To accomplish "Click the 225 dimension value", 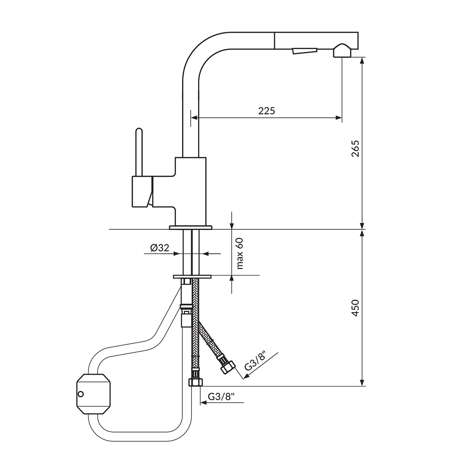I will click(267, 111).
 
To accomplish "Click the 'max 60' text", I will click(239, 253).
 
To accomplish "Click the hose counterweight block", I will click(93, 394).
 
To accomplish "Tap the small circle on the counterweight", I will click(81, 394).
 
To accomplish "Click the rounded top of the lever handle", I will click(139, 131).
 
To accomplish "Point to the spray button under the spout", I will click(304, 51).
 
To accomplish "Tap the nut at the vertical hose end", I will click(195, 382).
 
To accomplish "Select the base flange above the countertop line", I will click(191, 227).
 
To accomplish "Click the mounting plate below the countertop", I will click(192, 276).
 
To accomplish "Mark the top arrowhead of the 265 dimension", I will click(362, 60).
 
